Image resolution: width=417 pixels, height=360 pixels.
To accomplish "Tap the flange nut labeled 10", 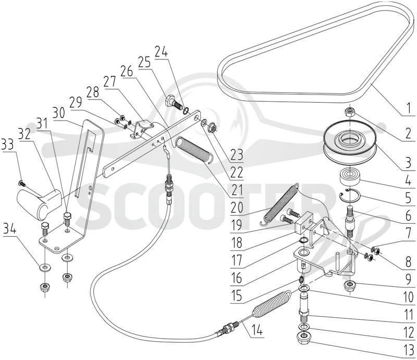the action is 350,285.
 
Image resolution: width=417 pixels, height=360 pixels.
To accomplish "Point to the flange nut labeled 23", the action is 213,125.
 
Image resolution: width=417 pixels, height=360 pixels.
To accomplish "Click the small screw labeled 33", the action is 21,183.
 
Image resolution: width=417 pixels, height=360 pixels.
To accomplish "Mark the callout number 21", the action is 237,190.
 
